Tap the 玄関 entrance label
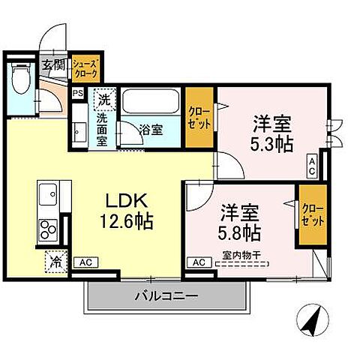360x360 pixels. click(x=51, y=65)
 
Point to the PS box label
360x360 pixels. click(x=77, y=94)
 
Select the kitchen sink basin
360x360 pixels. click(x=47, y=190)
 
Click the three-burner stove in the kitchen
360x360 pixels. click(x=47, y=227)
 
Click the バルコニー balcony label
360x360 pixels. click(x=166, y=296)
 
